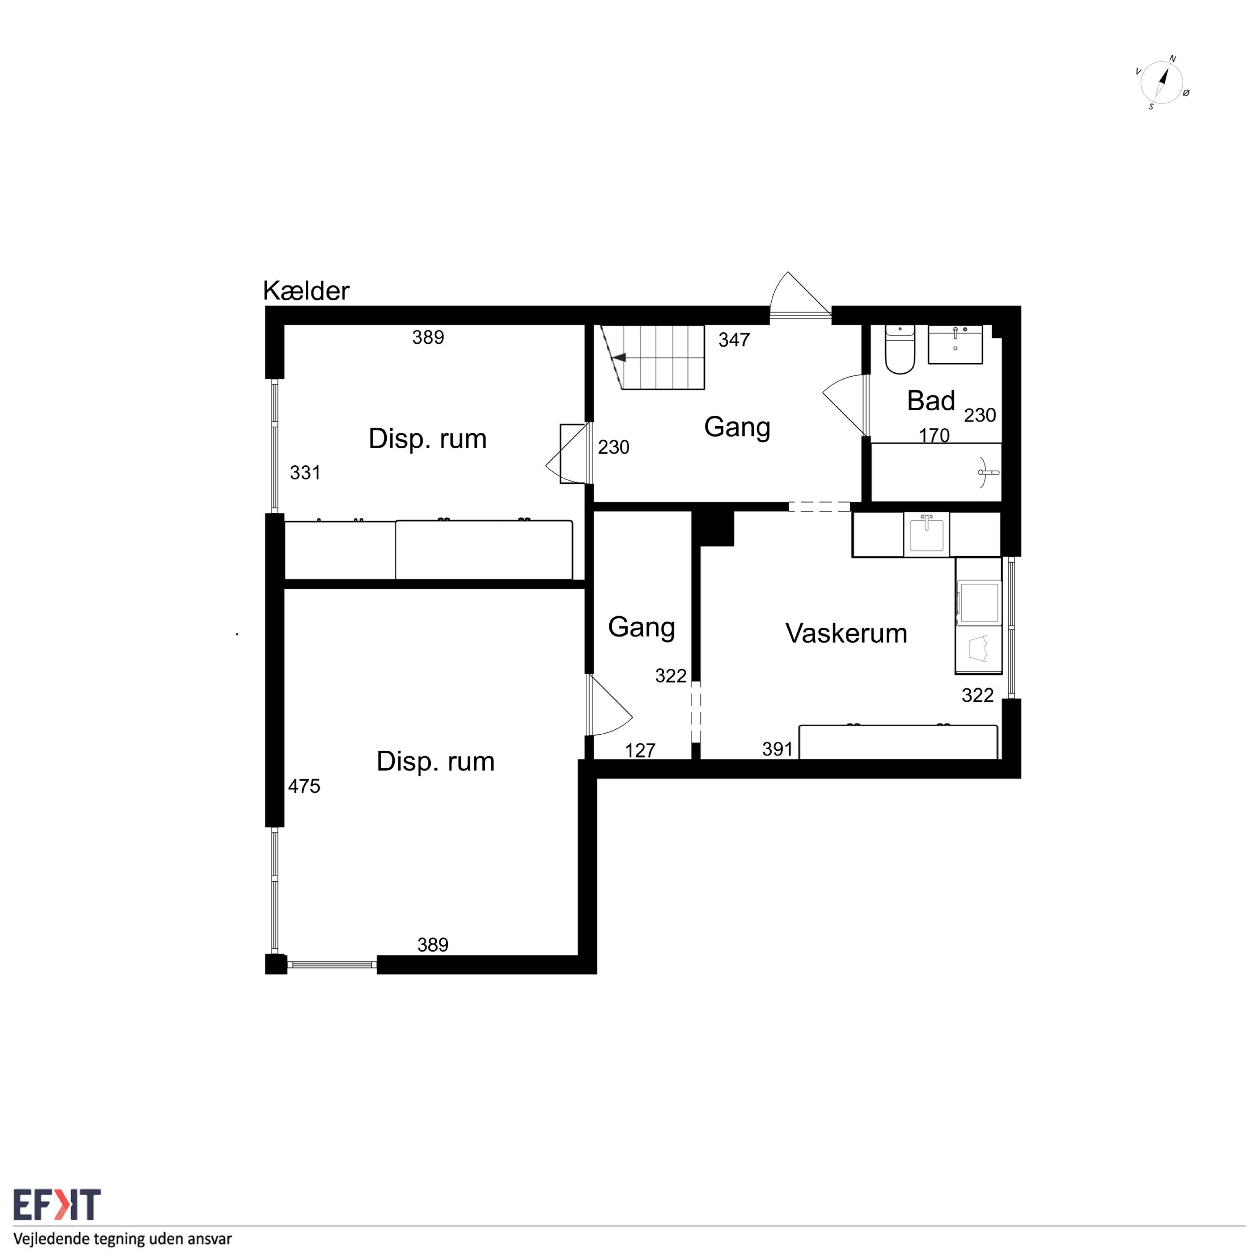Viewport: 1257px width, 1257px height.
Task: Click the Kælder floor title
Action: (306, 291)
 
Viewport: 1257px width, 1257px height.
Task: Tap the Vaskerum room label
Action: (846, 633)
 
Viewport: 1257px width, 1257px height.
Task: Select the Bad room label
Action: (931, 401)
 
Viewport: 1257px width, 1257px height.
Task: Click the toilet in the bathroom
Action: (900, 349)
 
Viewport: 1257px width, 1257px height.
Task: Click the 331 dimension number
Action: (305, 472)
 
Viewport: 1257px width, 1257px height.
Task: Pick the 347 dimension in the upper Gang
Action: (734, 340)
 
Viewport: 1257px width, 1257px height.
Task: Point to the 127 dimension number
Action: (640, 750)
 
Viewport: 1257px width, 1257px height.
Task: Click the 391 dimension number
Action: (778, 749)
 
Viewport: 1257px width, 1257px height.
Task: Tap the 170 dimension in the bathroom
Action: (934, 435)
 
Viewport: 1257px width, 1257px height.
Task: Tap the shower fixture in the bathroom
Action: (988, 472)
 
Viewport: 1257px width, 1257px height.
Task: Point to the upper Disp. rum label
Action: (427, 439)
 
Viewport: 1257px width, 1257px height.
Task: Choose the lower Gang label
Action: (641, 628)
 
